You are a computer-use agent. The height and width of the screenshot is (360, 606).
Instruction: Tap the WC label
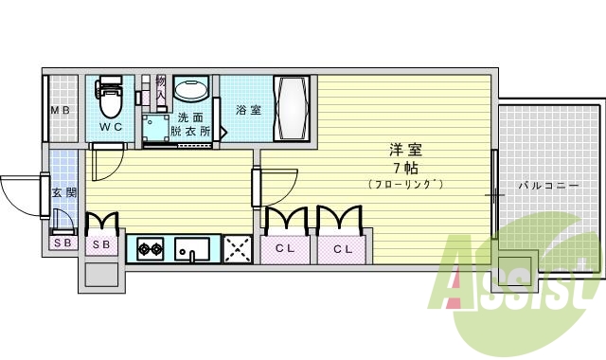[x=111, y=127]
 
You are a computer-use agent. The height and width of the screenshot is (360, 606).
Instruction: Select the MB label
[x=61, y=110]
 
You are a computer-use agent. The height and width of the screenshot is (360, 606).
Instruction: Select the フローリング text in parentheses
[x=405, y=183]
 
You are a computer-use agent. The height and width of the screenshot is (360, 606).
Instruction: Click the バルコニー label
[x=548, y=186]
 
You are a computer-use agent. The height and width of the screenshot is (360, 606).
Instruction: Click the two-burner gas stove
[x=149, y=250]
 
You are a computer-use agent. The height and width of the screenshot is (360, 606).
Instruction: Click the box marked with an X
[x=236, y=249]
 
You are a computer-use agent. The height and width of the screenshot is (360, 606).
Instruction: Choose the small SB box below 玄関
[x=62, y=243]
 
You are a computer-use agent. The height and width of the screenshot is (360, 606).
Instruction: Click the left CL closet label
[x=285, y=249]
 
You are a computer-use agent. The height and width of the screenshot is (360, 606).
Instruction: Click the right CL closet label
[x=342, y=249]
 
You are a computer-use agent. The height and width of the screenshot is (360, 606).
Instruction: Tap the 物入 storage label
[x=161, y=89]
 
